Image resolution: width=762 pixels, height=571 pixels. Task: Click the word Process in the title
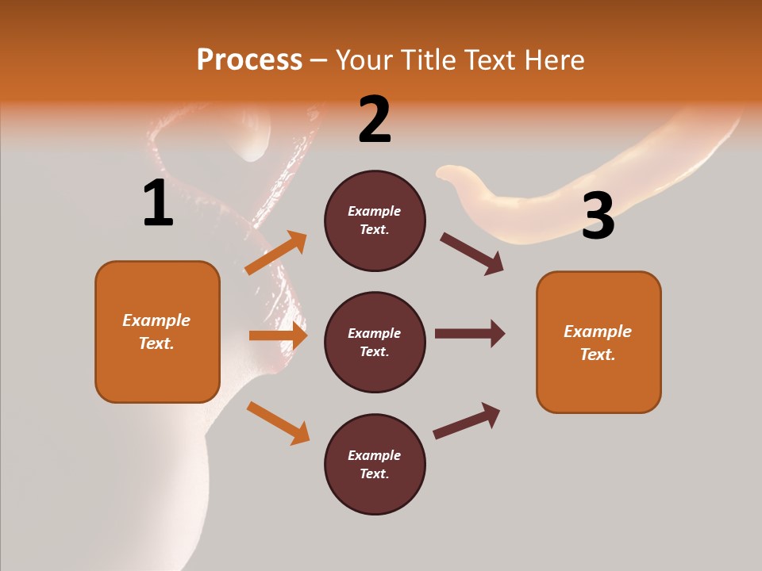pos(249,60)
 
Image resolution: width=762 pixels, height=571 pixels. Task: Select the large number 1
pos(158,203)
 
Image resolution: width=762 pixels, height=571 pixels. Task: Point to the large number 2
pos(375,120)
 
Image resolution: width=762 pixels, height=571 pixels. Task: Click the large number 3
pos(598,216)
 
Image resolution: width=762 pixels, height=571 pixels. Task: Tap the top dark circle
pos(375,220)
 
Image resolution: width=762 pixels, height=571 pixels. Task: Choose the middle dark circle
pos(375,343)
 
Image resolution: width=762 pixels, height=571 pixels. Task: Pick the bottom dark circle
pos(375,465)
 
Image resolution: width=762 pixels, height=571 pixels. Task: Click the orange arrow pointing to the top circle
pos(276,253)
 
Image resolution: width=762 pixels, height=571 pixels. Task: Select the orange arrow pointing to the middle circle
pos(278,335)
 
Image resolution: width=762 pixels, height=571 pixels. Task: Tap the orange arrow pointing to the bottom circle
pos(278,423)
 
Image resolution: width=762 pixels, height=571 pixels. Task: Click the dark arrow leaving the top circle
pos(471,253)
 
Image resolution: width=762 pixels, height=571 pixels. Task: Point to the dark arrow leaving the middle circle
pos(469,333)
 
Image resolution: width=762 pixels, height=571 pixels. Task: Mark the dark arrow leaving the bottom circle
pos(467,420)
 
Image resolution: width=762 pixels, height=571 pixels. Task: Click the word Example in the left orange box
pos(156,320)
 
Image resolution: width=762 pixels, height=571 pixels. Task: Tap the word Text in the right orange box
pos(597,354)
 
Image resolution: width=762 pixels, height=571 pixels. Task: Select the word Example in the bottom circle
pos(374,455)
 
